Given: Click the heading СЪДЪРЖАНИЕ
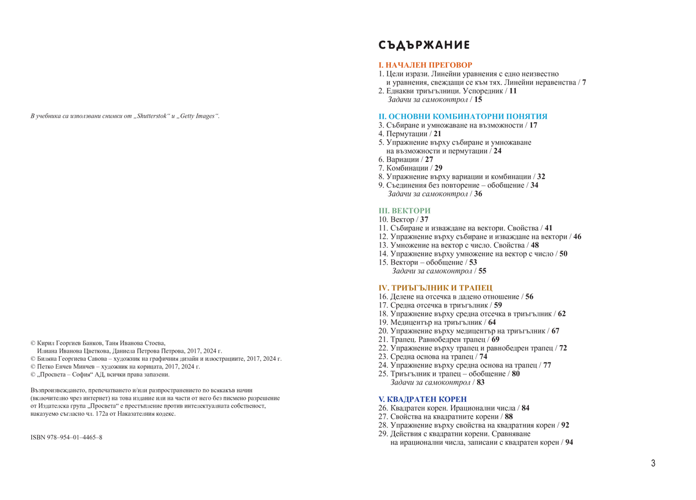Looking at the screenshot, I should pos(424,45).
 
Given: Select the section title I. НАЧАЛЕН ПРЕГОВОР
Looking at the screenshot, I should pos(425,66).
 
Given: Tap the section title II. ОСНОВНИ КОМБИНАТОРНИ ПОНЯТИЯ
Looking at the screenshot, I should pos(463,117).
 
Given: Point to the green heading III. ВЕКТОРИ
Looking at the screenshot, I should pos(404,211).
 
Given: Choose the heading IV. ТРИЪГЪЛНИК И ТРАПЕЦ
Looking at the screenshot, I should pos(435,288).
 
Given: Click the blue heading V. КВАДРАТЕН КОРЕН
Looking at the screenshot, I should pos(422,400).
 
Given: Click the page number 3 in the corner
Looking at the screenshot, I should pos(653,463).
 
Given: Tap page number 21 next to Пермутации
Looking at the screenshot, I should pos(437,133).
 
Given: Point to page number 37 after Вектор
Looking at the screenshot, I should pos(424,220).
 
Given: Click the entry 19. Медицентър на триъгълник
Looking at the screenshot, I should pos(432,323).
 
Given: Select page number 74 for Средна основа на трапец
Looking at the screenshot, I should pos(483,357).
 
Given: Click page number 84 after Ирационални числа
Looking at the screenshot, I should pos(525,408).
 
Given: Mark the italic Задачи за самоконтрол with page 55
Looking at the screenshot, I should pos(432,271).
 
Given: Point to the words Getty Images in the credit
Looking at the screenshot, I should pos(199,117).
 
